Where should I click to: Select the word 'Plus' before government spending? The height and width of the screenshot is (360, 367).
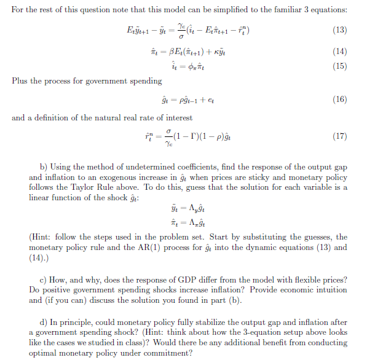[x=19, y=80]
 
